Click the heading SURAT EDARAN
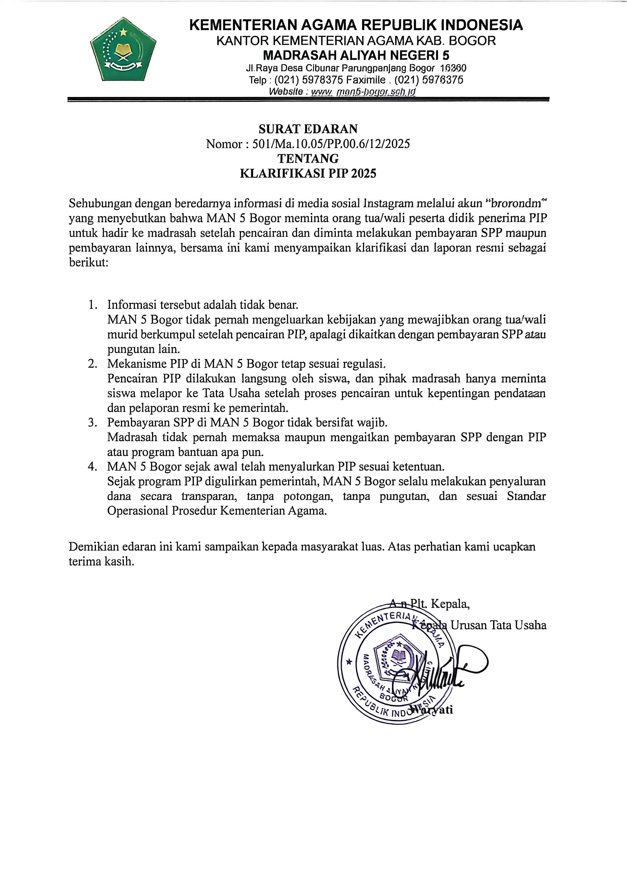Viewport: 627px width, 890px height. (x=308, y=129)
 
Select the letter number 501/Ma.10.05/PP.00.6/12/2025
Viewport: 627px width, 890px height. (x=331, y=144)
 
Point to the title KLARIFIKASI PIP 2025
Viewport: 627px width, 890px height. (x=308, y=173)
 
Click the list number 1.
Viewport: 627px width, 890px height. (x=92, y=305)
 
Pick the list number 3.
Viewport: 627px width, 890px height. (x=92, y=422)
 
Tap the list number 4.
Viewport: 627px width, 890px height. (x=92, y=466)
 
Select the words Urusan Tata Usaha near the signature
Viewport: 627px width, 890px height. (x=498, y=625)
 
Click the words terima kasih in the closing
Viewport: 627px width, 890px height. (x=101, y=562)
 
